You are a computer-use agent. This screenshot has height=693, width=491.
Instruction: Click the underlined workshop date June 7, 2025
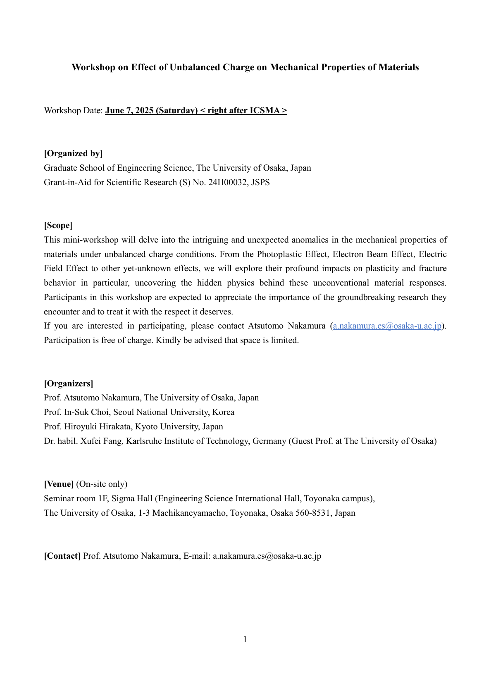click(130, 110)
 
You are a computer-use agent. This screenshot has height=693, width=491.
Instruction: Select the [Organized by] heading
click(73, 153)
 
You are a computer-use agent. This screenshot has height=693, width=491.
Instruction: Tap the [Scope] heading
click(58, 225)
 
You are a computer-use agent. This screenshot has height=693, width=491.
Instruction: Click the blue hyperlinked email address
click(387, 326)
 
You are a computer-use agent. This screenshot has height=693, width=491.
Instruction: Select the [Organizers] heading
click(69, 383)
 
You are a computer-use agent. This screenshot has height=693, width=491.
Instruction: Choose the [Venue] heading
click(59, 484)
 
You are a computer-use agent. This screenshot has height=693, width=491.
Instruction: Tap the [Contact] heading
click(62, 556)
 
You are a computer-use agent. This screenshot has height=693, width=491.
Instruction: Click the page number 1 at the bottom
click(245, 639)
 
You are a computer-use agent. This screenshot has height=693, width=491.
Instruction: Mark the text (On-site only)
click(102, 484)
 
